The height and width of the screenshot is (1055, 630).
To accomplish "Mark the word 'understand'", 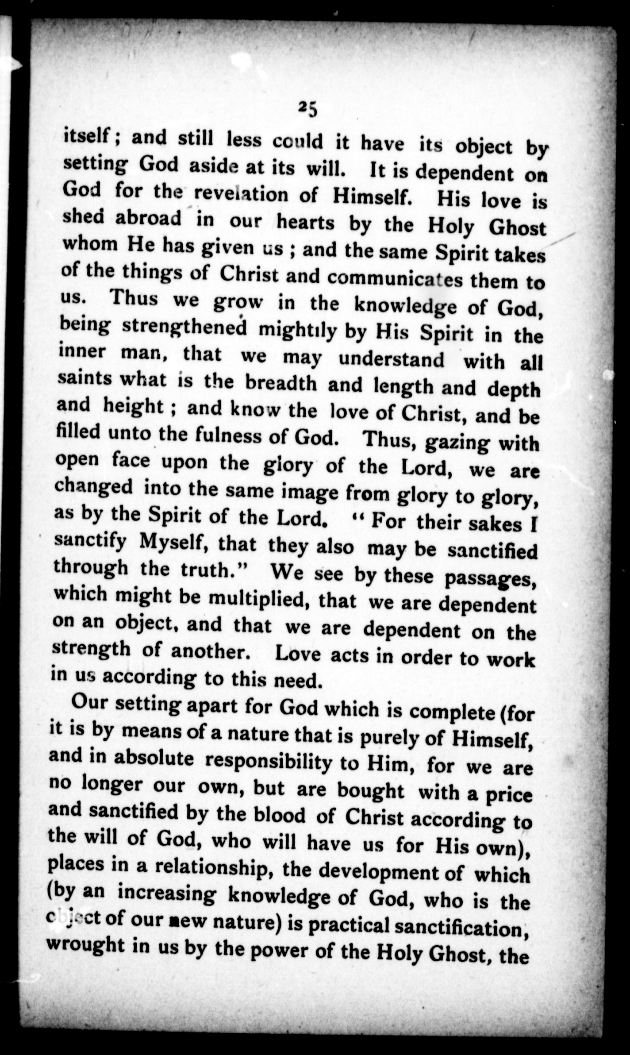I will [391, 359].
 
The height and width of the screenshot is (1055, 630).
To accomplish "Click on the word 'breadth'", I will [280, 383].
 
